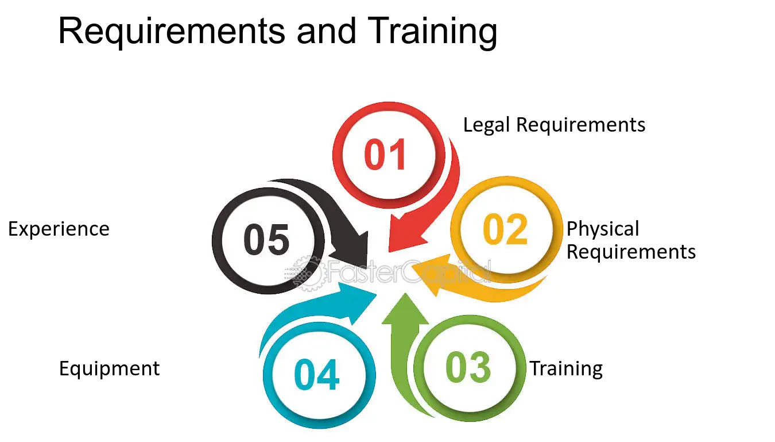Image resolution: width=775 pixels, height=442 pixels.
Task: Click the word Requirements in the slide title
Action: click(172, 32)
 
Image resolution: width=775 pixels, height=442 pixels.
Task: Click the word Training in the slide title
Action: click(432, 32)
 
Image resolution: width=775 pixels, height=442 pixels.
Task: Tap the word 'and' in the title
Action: click(326, 32)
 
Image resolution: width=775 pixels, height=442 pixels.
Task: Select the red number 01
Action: click(385, 154)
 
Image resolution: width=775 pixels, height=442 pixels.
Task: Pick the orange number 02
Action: click(505, 229)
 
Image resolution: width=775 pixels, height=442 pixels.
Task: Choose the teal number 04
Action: click(316, 374)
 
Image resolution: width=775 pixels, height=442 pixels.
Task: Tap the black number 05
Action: click(266, 239)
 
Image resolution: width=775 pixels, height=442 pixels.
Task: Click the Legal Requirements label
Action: click(554, 125)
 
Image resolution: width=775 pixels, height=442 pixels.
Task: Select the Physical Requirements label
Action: click(631, 240)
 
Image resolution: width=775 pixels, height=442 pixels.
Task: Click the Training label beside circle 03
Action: click(566, 368)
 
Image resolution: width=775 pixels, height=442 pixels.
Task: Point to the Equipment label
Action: click(109, 368)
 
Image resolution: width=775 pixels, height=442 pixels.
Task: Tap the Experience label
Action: click(59, 229)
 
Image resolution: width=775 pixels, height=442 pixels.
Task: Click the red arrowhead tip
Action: click(390, 251)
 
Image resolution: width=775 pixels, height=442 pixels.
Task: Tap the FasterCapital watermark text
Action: click(408, 272)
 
